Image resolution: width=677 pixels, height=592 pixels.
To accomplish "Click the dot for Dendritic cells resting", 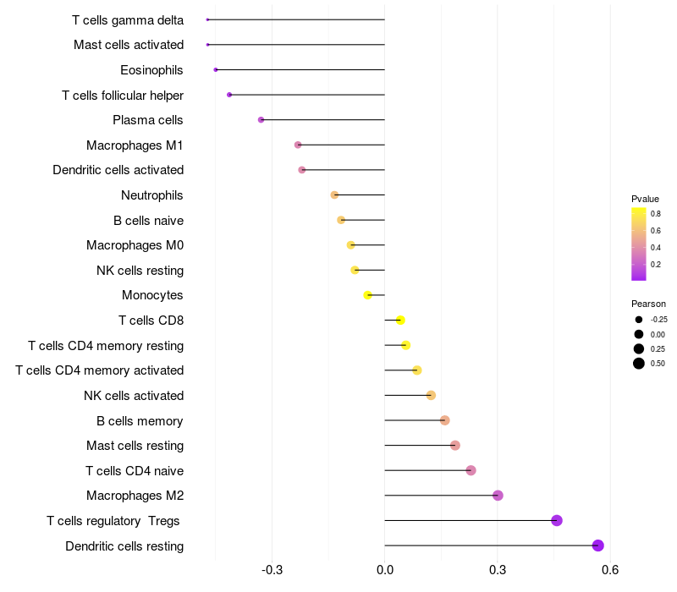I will pos(598,545).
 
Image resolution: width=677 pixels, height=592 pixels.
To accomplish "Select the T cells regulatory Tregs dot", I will pos(557,520).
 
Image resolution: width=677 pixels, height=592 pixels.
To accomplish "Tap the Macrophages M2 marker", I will pos(498,496).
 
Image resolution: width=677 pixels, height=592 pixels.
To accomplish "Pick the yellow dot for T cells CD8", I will pos(400,320).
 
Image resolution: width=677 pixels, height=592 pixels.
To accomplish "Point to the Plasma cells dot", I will pos(261,120).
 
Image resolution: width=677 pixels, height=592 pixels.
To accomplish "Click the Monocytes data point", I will pos(367,295).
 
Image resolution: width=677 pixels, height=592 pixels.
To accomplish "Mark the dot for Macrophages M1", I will pos(298,145).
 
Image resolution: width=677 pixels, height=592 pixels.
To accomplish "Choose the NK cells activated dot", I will pos(431,395).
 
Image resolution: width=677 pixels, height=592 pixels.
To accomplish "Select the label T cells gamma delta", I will pos(128,20).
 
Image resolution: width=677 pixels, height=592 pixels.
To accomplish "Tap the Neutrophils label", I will pos(152,195).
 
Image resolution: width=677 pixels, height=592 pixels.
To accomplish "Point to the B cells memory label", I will pos(140,420).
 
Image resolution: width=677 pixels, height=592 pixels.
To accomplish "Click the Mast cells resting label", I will pos(135,446).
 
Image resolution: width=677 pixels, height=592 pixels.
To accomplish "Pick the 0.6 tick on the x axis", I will pos(609,570).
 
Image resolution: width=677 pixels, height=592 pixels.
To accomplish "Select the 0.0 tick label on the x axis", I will pos(385,570).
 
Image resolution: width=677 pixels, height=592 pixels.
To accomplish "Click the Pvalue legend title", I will pos(645,199).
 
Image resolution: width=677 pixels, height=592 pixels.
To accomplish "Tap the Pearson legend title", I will pos(648,304).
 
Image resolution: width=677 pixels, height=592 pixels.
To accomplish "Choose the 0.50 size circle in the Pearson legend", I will pos(639,364).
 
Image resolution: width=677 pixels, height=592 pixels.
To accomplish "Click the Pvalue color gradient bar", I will pos(639,244).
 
